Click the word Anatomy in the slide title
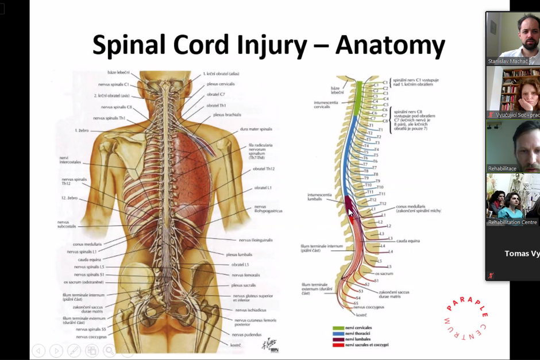[x=390, y=45]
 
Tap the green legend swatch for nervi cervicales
[x=338, y=328]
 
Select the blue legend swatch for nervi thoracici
[x=338, y=334]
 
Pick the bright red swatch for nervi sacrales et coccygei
[x=338, y=345]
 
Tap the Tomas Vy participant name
[x=521, y=253]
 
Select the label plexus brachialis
[x=226, y=114]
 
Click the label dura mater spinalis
[x=256, y=129]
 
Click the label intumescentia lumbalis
[x=320, y=197]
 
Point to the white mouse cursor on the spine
[x=350, y=212]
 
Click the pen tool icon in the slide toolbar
[x=74, y=350]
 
